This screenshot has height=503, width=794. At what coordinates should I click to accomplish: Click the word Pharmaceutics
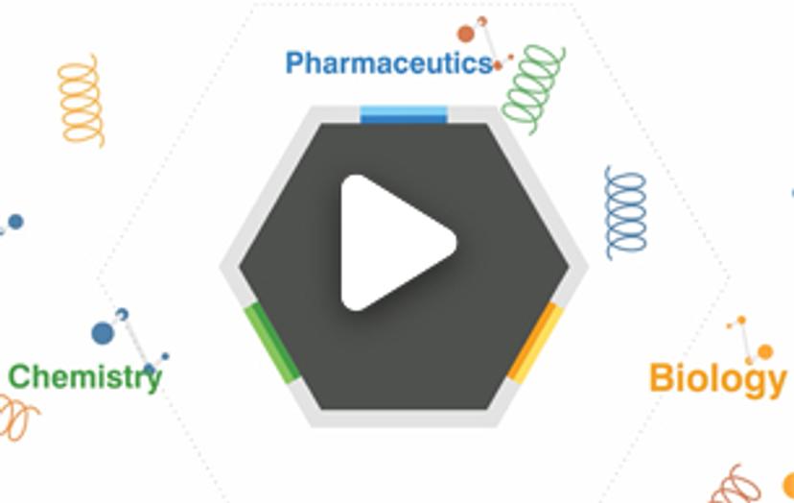(x=388, y=64)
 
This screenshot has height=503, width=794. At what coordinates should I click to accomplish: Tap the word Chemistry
(x=84, y=377)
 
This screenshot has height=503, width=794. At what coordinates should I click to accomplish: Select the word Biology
(x=717, y=378)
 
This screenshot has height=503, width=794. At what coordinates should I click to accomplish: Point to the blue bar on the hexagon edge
(x=404, y=115)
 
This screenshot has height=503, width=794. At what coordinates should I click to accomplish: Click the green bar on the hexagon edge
(x=272, y=343)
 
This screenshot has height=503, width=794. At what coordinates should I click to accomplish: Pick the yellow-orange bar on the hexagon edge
(x=534, y=343)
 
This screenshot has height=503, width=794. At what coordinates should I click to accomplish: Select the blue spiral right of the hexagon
(x=625, y=212)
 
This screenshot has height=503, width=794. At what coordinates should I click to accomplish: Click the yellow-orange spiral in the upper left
(x=81, y=100)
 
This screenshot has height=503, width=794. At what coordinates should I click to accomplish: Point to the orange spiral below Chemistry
(x=17, y=419)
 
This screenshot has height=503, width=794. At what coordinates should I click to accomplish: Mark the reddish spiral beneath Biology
(x=736, y=484)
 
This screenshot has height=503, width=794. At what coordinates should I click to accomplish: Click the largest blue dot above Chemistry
(x=103, y=334)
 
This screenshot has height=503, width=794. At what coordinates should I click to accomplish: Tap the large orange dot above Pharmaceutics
(x=466, y=35)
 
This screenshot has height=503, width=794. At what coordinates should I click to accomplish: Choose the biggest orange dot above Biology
(x=764, y=352)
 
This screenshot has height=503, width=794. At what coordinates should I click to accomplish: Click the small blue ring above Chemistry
(x=122, y=314)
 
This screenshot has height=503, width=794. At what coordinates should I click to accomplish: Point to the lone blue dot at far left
(x=15, y=222)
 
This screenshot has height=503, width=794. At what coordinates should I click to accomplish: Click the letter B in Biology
(x=661, y=378)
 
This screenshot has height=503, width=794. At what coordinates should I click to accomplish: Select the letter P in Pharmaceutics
(x=295, y=64)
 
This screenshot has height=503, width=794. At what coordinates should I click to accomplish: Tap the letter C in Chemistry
(x=18, y=377)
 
